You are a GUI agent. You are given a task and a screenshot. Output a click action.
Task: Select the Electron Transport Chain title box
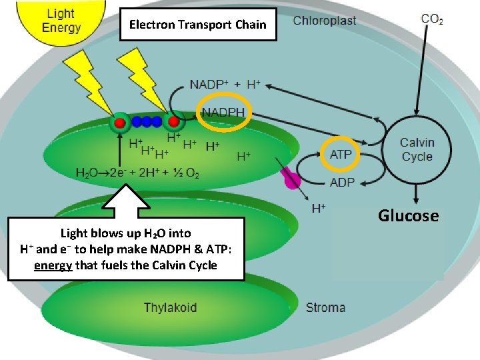pyautogui.click(x=197, y=25)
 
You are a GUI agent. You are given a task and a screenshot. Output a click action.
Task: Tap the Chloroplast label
pyautogui.click(x=325, y=21)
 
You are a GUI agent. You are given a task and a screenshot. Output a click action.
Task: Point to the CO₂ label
pyautogui.click(x=432, y=19)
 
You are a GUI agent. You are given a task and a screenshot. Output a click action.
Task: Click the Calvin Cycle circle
pyautogui.click(x=417, y=149)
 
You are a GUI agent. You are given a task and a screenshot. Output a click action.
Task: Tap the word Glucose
pyautogui.click(x=409, y=215)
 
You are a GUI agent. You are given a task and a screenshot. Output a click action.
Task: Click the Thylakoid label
pyautogui.click(x=170, y=307)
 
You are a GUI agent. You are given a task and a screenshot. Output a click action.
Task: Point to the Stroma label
pyautogui.click(x=325, y=307)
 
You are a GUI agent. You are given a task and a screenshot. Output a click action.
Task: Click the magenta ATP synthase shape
pyautogui.click(x=291, y=178)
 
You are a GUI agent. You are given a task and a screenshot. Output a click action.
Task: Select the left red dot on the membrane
pyautogui.click(x=119, y=123)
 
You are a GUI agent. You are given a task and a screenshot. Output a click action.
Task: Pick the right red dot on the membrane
pyautogui.click(x=174, y=122)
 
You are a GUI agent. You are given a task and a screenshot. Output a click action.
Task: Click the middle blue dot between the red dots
pyautogui.click(x=147, y=122)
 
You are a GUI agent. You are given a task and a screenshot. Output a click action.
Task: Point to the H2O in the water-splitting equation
pyautogui.click(x=88, y=173)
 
